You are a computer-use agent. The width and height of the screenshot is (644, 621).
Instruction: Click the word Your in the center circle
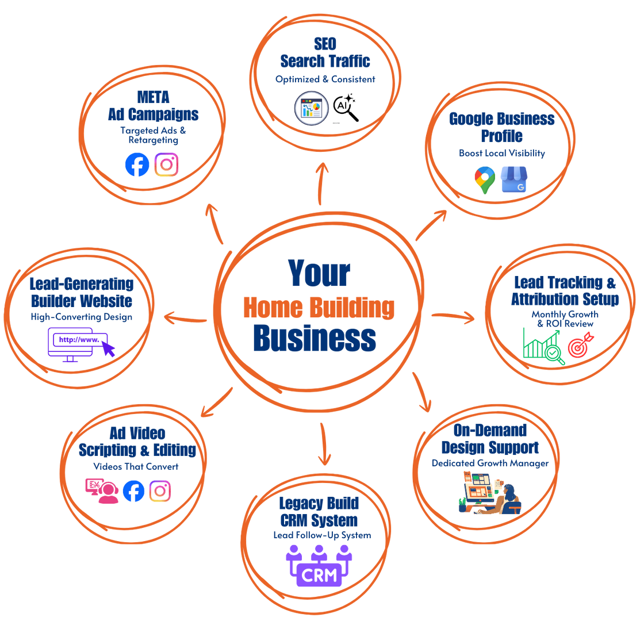click(319, 273)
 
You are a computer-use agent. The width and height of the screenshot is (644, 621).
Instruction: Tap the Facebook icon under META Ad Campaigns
click(137, 165)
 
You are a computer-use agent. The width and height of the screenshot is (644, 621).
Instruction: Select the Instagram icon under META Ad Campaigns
click(167, 165)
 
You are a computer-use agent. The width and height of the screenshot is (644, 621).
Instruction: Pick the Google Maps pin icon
click(484, 180)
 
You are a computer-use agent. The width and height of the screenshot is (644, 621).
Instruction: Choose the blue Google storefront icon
click(513, 180)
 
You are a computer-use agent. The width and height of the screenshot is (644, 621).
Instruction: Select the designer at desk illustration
click(489, 492)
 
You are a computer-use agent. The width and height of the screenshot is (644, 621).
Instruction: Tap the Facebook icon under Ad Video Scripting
click(134, 492)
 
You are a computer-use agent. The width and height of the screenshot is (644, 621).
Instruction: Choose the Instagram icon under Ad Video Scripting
click(160, 490)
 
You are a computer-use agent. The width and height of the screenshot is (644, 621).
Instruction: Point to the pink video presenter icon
click(101, 491)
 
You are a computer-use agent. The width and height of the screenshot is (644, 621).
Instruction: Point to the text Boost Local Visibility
click(501, 154)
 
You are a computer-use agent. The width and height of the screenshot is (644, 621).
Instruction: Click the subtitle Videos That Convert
click(136, 466)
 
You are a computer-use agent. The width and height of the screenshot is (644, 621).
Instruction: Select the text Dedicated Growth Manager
click(490, 463)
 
